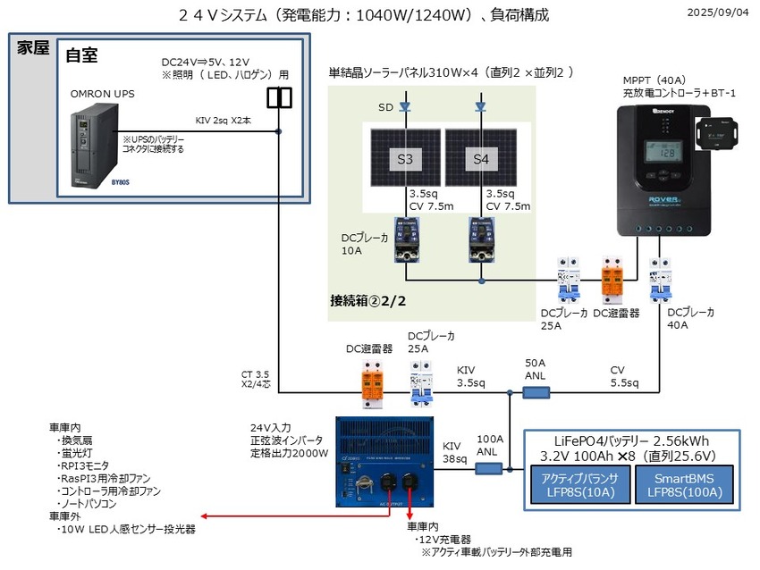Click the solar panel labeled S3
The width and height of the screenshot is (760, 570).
pyautogui.click(x=404, y=162)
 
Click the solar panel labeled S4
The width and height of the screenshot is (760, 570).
pyautogui.click(x=481, y=162)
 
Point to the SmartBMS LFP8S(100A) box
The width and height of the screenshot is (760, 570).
pyautogui.click(x=682, y=484)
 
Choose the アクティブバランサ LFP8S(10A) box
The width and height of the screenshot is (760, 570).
pyautogui.click(x=577, y=484)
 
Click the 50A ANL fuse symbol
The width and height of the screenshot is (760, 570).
pyautogui.click(x=536, y=390)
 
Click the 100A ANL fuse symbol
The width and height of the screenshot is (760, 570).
pyautogui.click(x=487, y=467)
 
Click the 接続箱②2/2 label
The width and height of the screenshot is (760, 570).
pyautogui.click(x=367, y=301)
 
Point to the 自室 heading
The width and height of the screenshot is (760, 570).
pyautogui.click(x=81, y=55)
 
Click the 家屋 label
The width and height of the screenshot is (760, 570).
pyautogui.click(x=33, y=48)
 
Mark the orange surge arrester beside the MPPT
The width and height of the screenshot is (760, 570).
pyautogui.click(x=612, y=278)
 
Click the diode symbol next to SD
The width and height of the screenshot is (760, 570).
pyautogui.click(x=404, y=106)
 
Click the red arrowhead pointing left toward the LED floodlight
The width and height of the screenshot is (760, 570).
pyautogui.click(x=207, y=516)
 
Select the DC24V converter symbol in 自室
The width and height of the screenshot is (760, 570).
pyautogui.click(x=279, y=96)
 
